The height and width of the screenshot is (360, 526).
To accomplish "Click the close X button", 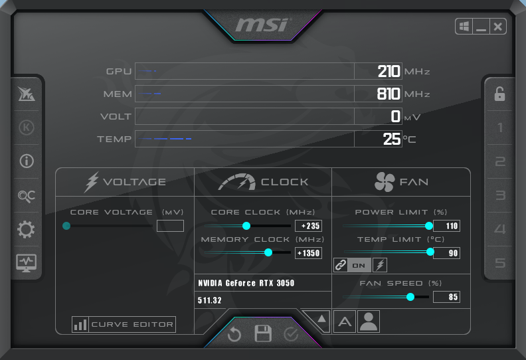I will tap(498, 27).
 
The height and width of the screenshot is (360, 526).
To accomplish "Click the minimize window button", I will tap(481, 27).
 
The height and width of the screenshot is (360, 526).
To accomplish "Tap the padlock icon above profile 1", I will tap(499, 94).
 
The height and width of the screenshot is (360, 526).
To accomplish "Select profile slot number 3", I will tap(500, 195).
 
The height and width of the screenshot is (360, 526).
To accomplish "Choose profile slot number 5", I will tap(500, 263).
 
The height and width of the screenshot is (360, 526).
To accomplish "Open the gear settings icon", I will tap(26, 230).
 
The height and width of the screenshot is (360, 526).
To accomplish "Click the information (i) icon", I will tap(26, 161).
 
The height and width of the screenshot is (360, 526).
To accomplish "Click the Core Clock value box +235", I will tap(308, 226).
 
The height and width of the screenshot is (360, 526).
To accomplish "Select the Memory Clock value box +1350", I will tap(308, 252).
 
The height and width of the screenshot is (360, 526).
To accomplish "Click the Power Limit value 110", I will tap(446, 226).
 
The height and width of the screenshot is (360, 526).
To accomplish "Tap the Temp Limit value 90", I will tap(446, 252).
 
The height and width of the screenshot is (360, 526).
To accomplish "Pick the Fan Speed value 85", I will tap(446, 297).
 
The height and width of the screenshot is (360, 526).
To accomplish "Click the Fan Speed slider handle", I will tap(410, 297).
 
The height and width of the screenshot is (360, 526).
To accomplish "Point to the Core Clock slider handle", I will tap(246, 226).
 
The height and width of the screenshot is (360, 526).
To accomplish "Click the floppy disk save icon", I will tap(264, 333).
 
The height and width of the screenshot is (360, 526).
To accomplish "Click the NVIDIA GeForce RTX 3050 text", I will tap(246, 283).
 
